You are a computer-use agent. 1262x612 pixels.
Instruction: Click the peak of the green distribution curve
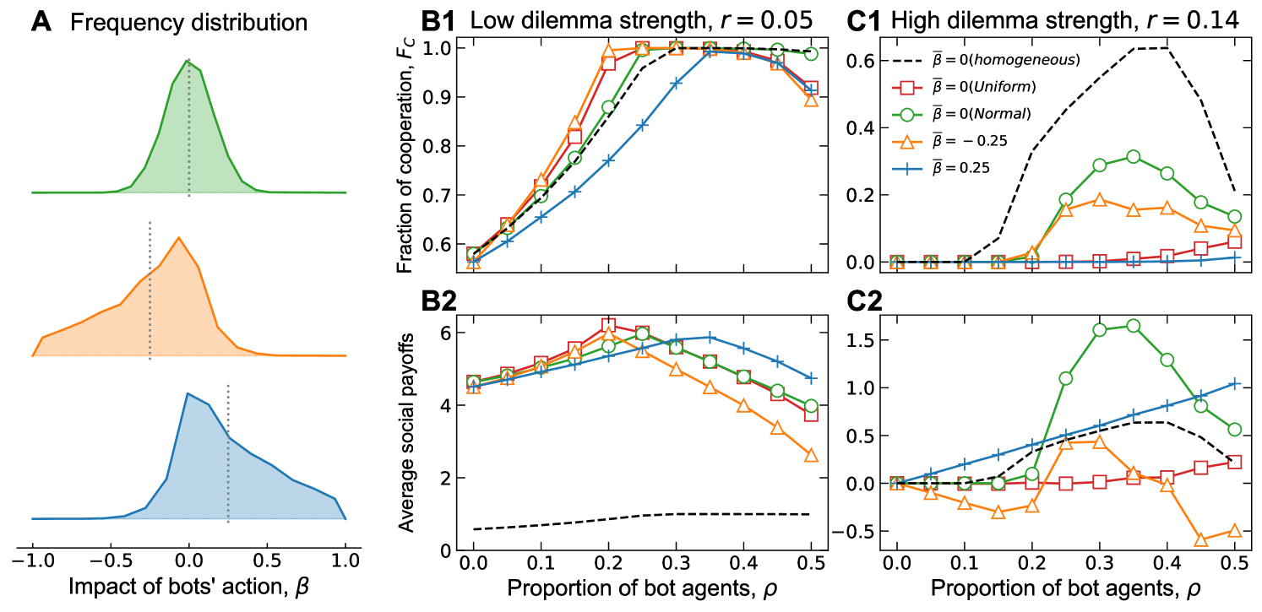click(187, 61)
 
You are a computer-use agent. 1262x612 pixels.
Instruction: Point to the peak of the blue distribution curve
click(187, 393)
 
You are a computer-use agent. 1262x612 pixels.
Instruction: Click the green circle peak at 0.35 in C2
click(1134, 326)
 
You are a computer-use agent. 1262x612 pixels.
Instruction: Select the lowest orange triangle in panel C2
click(1201, 539)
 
